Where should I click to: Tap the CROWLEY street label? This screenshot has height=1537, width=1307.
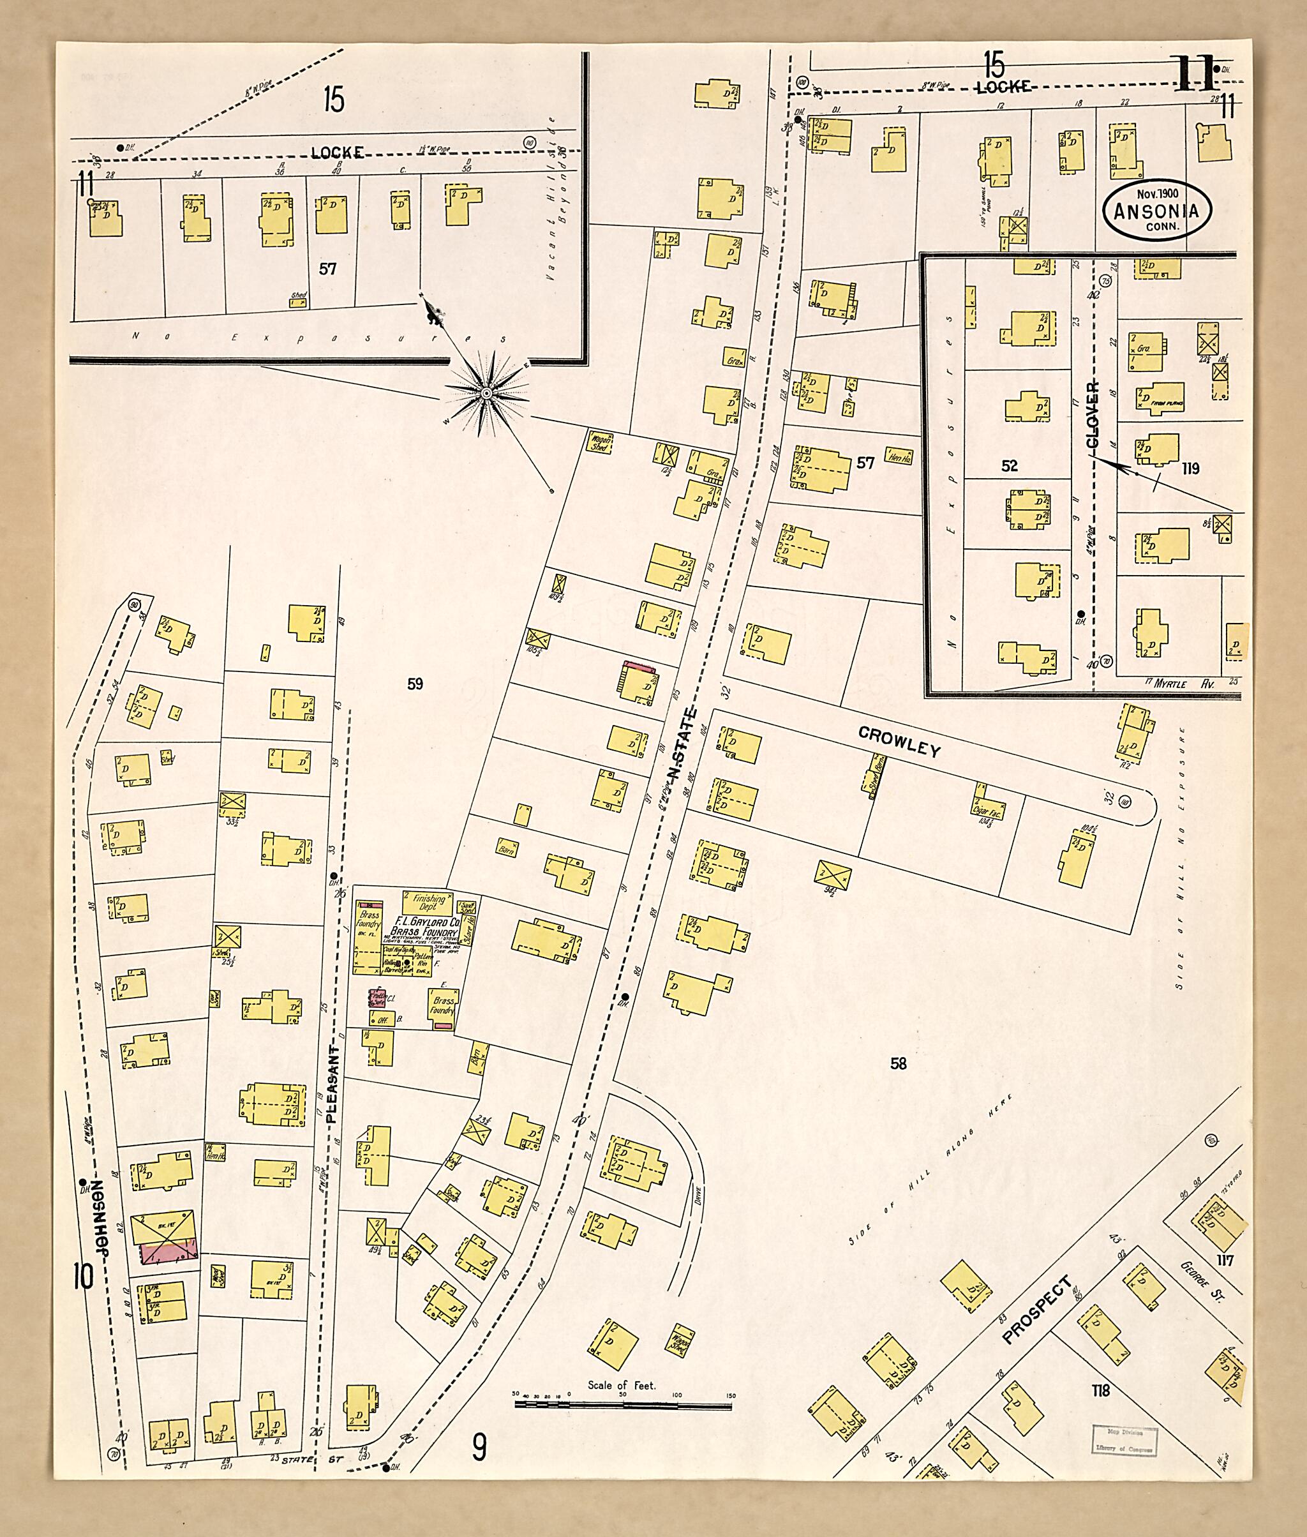899,741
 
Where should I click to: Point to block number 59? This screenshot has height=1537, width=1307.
415,684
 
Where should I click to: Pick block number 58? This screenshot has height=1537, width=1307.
898,1063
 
